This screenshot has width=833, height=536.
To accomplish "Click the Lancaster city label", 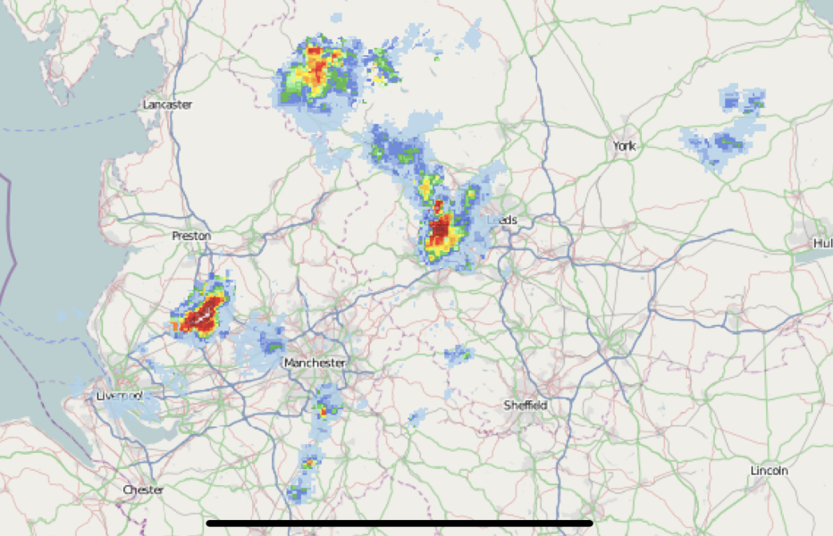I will click(167, 105).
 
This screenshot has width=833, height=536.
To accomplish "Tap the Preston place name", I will click(191, 236).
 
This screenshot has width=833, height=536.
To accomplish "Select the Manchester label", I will click(314, 363).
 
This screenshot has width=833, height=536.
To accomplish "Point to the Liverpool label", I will click(120, 396).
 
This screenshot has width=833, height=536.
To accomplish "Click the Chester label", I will click(143, 490).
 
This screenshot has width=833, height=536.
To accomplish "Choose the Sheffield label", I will click(525, 405).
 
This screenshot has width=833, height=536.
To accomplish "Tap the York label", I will click(623, 146).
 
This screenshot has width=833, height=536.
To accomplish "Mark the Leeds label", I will click(503, 220).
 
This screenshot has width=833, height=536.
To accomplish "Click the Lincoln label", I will click(769, 470).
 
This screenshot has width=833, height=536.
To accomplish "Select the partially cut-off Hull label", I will click(822, 243).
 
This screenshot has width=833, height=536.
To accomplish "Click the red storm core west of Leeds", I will click(440, 229).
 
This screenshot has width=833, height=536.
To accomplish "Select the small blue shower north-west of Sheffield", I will click(458, 355).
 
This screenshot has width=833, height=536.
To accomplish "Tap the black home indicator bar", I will click(400, 523).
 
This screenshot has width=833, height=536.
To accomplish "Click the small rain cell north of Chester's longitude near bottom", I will click(307, 463).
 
